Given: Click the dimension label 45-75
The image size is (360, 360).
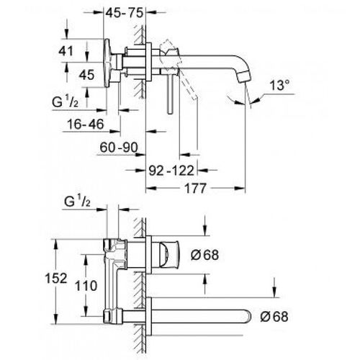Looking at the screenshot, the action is click(x=125, y=13).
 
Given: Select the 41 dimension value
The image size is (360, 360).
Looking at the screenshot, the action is click(x=66, y=51).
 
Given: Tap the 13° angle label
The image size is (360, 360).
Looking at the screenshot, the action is click(x=279, y=85).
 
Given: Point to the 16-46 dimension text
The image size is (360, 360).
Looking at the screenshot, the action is click(x=86, y=125).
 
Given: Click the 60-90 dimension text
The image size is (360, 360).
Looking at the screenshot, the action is click(x=119, y=148).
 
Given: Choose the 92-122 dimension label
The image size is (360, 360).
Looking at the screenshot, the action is click(x=171, y=171).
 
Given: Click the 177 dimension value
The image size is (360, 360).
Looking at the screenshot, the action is click(x=195, y=188).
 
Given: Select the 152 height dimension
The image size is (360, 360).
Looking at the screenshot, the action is click(x=56, y=279).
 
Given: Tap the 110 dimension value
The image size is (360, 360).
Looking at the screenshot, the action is click(x=86, y=286).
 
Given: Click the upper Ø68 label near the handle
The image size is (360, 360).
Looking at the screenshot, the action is click(x=204, y=255).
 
